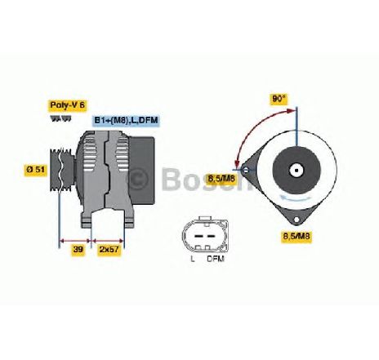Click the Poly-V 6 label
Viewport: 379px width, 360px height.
(x=68, y=105)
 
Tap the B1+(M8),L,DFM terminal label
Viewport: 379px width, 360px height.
(x=126, y=120)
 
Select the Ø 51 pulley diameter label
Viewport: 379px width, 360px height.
(x=36, y=170)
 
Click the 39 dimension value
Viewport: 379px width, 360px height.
(x=78, y=249)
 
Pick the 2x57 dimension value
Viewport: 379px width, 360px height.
(x=109, y=249)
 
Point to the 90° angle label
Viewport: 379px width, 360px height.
(x=279, y=99)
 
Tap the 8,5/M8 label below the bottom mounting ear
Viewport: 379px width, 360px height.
(x=297, y=236)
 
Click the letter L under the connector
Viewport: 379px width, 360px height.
(x=193, y=259)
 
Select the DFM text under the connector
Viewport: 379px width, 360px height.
(x=216, y=259)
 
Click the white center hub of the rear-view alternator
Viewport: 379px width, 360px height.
(x=297, y=171)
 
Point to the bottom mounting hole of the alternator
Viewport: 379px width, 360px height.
(x=297, y=220)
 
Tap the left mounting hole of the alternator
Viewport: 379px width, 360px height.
(x=246, y=171)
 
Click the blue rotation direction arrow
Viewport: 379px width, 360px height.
(x=296, y=198)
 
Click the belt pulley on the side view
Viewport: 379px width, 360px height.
(x=62, y=170)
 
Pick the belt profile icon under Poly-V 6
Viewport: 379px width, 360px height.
(x=60, y=118)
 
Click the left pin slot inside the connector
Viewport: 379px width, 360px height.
(x=198, y=235)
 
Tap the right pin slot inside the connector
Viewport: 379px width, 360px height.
(x=211, y=235)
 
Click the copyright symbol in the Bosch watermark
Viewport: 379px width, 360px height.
(x=137, y=179)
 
